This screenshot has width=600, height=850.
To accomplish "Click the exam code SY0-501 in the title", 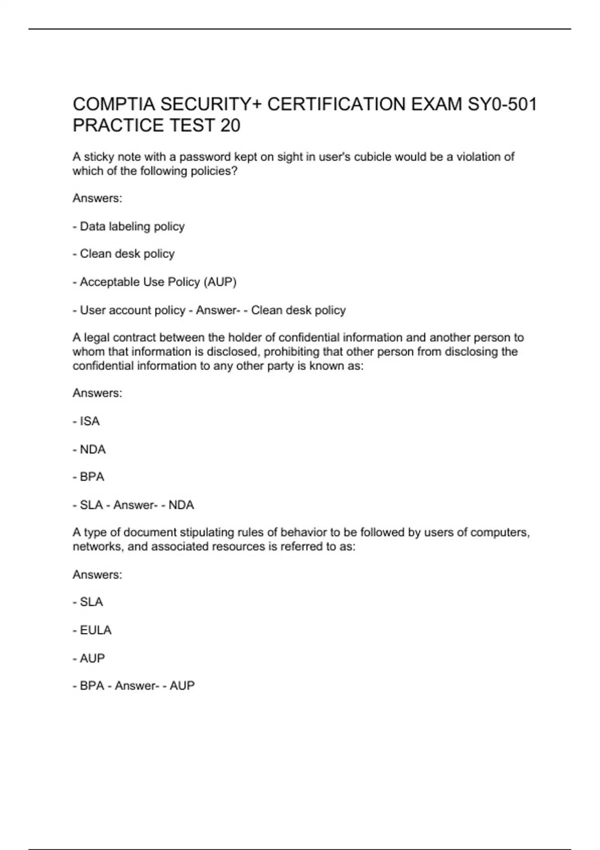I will (x=502, y=104).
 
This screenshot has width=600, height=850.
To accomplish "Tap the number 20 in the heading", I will (x=230, y=125).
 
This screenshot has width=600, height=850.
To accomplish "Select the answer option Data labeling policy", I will (x=132, y=226).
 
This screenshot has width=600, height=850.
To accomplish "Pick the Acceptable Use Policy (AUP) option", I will (x=158, y=282).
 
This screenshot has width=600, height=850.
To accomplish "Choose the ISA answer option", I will (x=89, y=421).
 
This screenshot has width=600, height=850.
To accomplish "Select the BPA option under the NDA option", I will (x=92, y=477).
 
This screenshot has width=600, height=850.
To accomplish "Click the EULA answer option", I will (x=95, y=630).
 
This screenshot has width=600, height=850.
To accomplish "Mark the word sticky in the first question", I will (x=99, y=157).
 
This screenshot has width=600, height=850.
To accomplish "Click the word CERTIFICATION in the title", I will (x=336, y=104).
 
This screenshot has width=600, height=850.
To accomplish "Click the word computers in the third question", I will (x=500, y=532).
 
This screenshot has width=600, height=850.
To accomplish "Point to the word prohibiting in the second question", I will (x=291, y=352).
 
